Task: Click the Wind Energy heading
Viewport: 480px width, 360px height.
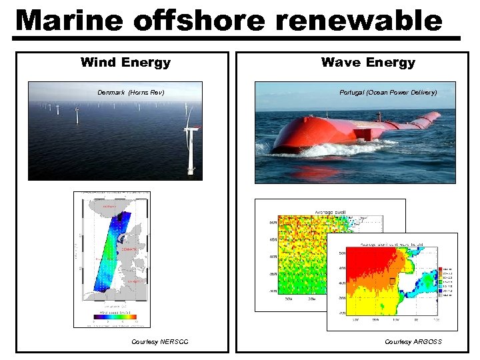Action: click(x=125, y=63)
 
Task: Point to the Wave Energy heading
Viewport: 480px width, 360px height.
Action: click(x=368, y=63)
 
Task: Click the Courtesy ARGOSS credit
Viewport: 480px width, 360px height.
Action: click(x=413, y=342)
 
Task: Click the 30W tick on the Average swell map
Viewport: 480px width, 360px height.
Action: click(x=289, y=299)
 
